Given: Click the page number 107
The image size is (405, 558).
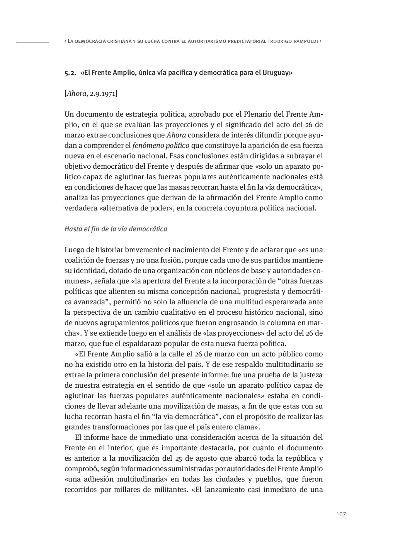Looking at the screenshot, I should pyautogui.click(x=341, y=514).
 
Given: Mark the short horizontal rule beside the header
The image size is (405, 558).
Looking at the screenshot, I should pyautogui.click(x=32, y=42).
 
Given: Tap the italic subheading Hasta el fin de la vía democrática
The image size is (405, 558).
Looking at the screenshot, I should pyautogui.click(x=116, y=229).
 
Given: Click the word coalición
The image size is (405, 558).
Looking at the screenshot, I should pyautogui.click(x=80, y=260).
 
